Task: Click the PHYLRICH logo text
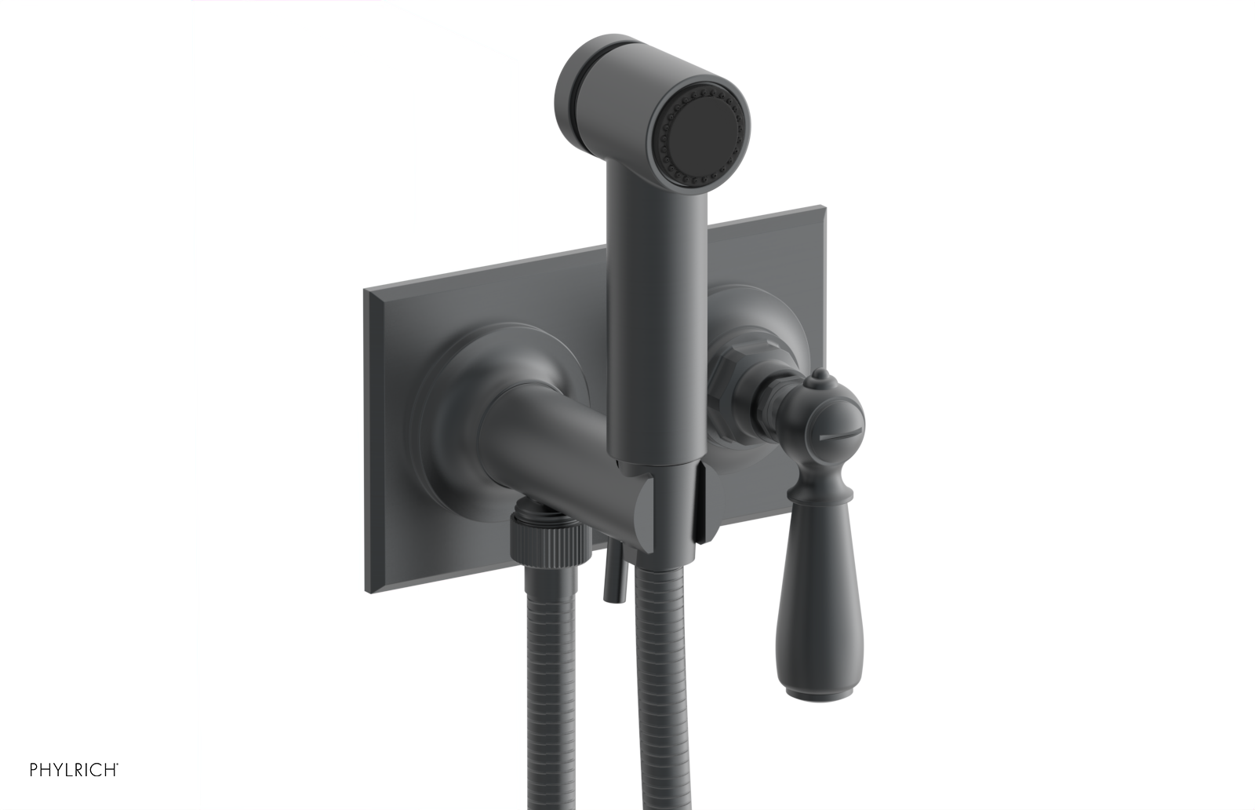74,769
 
